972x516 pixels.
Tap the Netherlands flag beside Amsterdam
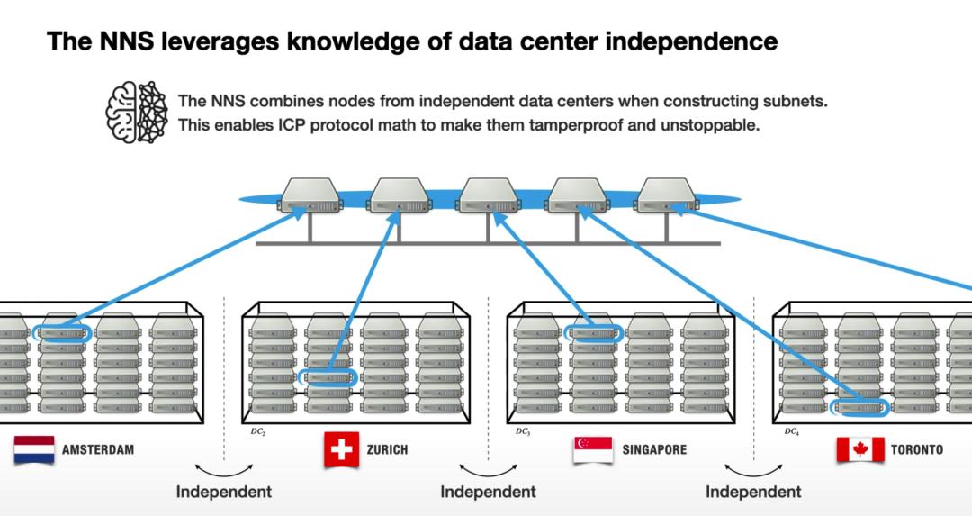click(x=34, y=449)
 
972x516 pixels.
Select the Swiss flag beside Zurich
click(x=342, y=449)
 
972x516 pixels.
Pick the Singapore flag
click(x=593, y=449)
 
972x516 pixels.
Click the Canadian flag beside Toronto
click(x=859, y=449)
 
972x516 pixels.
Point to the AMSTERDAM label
click(x=98, y=449)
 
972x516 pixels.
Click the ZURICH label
click(x=387, y=449)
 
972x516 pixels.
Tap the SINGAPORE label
click(x=654, y=449)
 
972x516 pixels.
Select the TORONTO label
click(x=917, y=449)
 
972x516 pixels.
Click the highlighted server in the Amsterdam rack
click(x=62, y=334)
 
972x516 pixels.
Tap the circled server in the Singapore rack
click(x=593, y=334)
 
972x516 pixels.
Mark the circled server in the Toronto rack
click(x=859, y=407)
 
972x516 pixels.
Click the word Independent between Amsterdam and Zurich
click(x=223, y=492)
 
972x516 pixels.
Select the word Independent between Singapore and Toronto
click(x=753, y=492)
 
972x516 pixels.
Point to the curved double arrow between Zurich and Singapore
click(x=488, y=470)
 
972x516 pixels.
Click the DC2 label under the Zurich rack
click(x=258, y=431)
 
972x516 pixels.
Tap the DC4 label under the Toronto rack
click(x=791, y=431)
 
